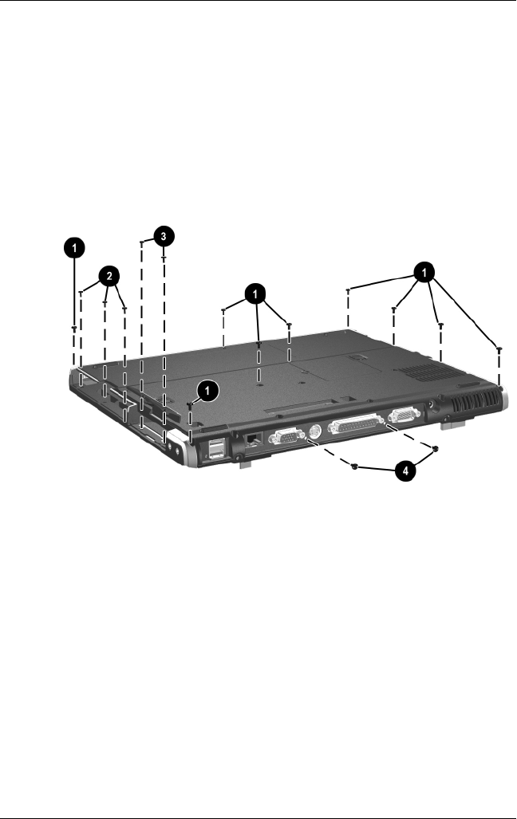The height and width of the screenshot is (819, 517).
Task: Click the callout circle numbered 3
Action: [x=162, y=236]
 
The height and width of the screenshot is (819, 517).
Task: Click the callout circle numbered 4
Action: [x=406, y=471]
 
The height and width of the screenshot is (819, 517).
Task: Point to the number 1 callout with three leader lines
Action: [x=255, y=295]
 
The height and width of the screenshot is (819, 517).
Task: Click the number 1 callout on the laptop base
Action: [x=207, y=390]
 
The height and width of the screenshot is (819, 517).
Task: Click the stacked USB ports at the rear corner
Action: [x=215, y=451]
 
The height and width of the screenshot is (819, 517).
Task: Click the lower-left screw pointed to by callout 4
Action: [x=353, y=468]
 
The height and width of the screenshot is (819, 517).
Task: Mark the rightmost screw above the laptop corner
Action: [x=499, y=349]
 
